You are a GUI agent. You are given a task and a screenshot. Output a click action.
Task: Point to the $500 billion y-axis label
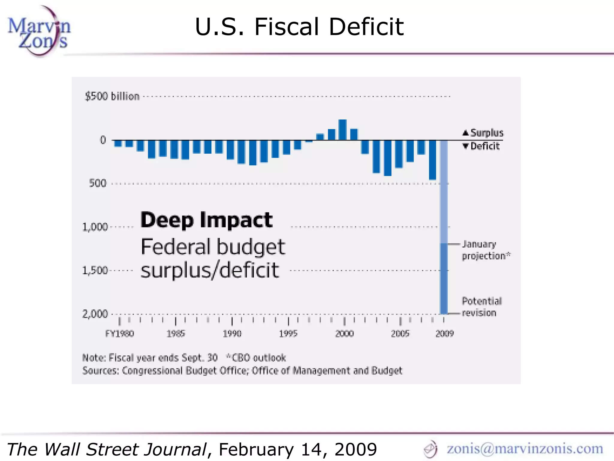click(112, 96)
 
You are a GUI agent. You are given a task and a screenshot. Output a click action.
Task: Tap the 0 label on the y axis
click(103, 140)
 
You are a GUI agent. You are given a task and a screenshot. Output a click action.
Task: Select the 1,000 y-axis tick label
click(95, 227)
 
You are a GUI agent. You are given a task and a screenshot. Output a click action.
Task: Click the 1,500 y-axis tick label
click(95, 270)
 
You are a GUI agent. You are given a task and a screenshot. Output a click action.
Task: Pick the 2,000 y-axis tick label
click(95, 314)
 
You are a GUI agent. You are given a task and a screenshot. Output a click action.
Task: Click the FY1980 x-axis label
click(120, 334)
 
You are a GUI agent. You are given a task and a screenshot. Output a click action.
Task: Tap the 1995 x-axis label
click(288, 334)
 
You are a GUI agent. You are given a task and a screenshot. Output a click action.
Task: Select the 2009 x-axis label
click(445, 334)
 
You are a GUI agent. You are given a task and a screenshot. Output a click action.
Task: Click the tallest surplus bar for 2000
click(343, 130)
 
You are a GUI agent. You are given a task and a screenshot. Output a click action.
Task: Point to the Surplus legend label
click(487, 133)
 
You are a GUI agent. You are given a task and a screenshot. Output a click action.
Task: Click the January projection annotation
click(486, 250)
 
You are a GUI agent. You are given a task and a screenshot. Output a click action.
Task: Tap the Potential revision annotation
click(481, 307)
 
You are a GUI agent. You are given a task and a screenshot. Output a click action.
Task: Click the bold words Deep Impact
click(207, 220)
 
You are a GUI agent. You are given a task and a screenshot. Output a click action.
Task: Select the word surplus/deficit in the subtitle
click(210, 270)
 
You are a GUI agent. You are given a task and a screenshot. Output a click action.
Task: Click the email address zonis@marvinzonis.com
click(525, 448)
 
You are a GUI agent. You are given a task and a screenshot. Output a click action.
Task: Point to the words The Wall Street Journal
click(107, 449)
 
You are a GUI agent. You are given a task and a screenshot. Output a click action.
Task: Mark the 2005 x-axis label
click(400, 334)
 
